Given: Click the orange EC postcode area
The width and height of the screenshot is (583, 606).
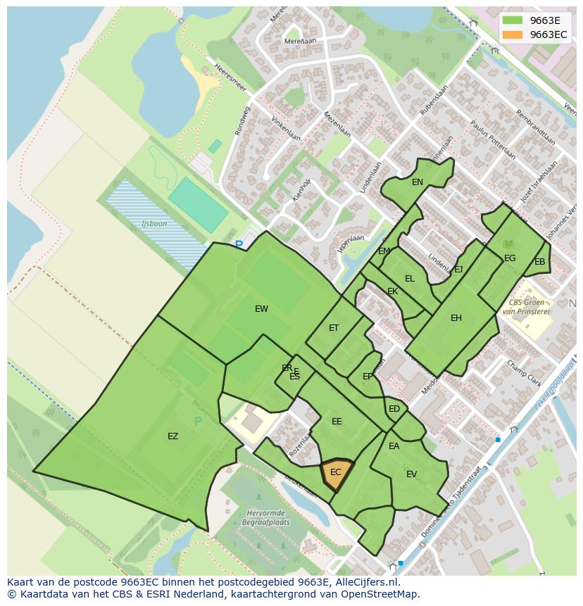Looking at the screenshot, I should [x=337, y=472].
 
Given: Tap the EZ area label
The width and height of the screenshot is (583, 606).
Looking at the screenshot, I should [x=173, y=436].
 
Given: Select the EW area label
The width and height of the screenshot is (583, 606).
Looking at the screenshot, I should [x=261, y=309].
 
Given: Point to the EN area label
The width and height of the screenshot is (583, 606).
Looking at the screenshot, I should [x=418, y=182].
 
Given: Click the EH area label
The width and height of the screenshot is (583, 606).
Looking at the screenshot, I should [x=456, y=318].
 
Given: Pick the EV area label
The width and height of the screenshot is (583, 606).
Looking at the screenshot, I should [x=412, y=474].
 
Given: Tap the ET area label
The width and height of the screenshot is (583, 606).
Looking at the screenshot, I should [x=334, y=328].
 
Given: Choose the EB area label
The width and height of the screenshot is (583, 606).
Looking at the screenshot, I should [x=540, y=262].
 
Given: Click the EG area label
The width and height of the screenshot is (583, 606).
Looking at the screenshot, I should [x=510, y=258].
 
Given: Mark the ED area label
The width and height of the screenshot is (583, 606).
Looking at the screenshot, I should [x=394, y=409].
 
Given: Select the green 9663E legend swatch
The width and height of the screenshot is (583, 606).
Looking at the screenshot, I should [x=513, y=20].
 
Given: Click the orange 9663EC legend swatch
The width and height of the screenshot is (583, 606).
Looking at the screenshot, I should [x=513, y=34].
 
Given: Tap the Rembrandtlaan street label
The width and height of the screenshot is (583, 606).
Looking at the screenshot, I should [x=535, y=127].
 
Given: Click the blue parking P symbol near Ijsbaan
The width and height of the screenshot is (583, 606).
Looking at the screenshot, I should [x=239, y=245].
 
